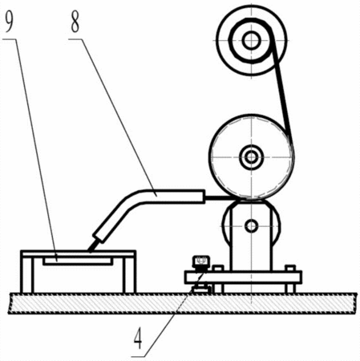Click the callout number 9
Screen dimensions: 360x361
[x=9, y=22]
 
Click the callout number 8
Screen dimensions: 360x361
[x=75, y=22]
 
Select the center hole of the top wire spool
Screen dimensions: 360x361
[x=251, y=40]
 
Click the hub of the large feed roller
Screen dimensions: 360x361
[x=251, y=157]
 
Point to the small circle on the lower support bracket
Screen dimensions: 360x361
[x=252, y=226]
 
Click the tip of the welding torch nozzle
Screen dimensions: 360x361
[x=90, y=251]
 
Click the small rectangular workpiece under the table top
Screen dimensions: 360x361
[x=77, y=262]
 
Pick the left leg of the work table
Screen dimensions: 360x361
[x=27, y=275]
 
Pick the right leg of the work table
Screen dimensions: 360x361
[x=129, y=275]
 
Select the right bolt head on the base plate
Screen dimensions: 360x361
[x=290, y=268]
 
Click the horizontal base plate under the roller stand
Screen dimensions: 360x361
[x=243, y=278]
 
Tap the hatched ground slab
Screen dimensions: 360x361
[x=183, y=303]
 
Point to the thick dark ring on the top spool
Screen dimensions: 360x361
[x=231, y=41]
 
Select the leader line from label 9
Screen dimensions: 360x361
[x=35, y=150]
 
